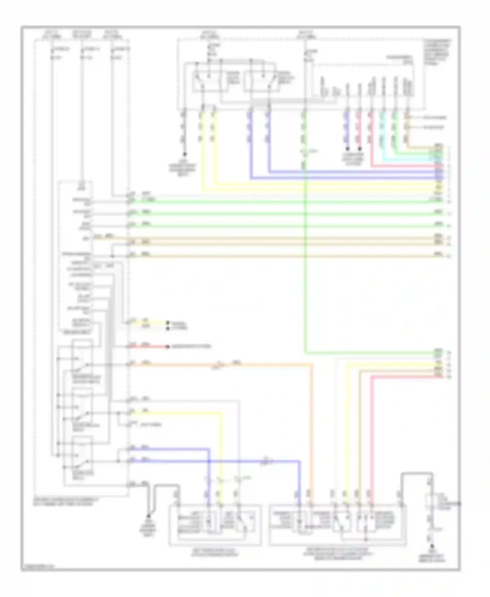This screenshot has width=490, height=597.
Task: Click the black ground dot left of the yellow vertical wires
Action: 185,154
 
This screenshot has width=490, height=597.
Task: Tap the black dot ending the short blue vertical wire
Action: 347,149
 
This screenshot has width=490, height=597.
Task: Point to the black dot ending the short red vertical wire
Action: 359,149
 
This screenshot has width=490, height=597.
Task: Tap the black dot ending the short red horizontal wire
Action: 168,347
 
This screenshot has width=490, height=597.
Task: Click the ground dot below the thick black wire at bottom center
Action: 148,516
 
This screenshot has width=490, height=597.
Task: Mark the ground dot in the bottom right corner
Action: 432,546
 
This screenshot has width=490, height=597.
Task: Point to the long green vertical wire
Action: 305,261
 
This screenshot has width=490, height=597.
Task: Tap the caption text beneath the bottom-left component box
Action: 215,552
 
